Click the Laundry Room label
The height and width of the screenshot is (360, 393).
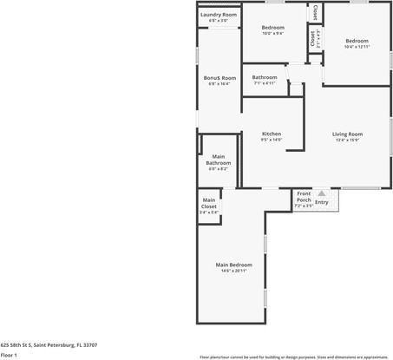click(219, 15)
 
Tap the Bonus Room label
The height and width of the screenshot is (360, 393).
click(219, 78)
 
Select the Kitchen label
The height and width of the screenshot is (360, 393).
click(271, 134)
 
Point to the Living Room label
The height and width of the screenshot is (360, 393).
click(347, 134)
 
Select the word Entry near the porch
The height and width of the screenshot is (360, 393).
click(322, 202)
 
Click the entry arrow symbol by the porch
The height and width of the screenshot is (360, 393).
click(322, 193)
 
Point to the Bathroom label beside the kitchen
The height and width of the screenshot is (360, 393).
click(265, 77)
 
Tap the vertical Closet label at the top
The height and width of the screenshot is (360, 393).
click(314, 14)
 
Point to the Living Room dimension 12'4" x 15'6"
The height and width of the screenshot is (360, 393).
click(347, 140)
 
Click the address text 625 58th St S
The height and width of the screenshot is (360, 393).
click(49, 344)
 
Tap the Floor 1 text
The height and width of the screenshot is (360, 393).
click(9, 355)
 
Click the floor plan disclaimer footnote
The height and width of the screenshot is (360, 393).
click(294, 357)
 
